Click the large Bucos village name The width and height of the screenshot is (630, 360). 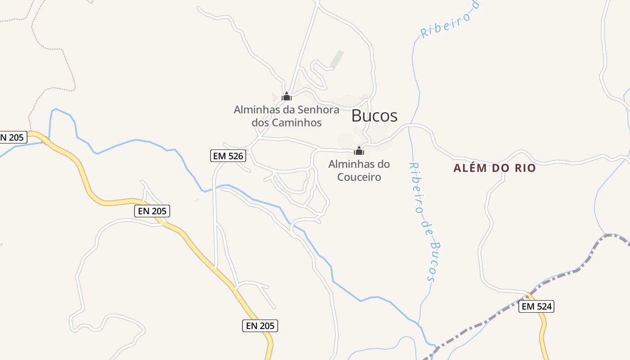374,116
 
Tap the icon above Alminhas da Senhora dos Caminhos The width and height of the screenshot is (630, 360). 287,96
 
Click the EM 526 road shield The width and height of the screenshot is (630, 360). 228,156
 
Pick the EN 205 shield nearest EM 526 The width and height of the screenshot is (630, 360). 153,211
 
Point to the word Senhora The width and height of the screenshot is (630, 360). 311,109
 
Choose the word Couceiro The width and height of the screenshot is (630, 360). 359,177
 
